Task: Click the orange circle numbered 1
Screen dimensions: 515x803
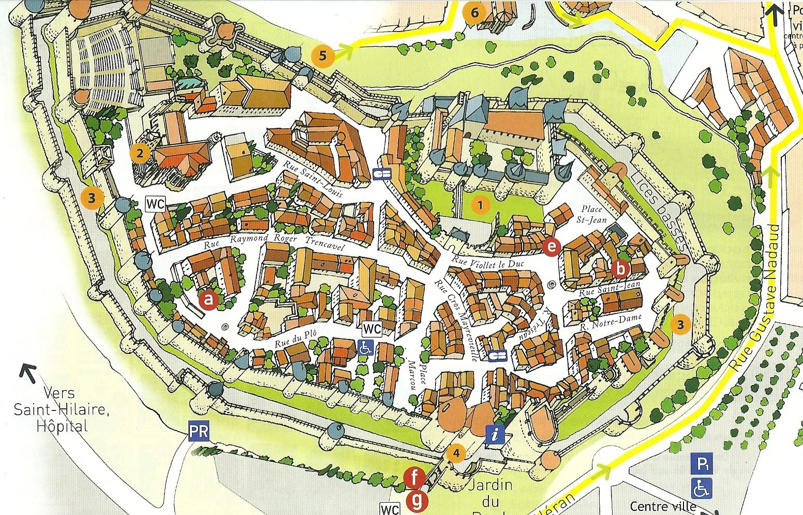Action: [x=481, y=205]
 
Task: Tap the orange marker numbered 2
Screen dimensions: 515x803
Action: [x=140, y=152]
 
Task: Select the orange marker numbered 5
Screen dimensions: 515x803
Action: [x=323, y=55]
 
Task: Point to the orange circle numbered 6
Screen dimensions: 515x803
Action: [x=475, y=12]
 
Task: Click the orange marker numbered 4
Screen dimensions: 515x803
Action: [x=456, y=453]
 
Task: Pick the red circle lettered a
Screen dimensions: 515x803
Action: [x=209, y=299]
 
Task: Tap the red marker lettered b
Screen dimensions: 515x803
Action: [x=620, y=269]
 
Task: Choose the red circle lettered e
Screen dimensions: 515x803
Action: [x=552, y=247]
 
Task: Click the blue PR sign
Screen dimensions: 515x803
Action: [x=199, y=432]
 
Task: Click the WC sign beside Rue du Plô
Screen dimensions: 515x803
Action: [x=371, y=329]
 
